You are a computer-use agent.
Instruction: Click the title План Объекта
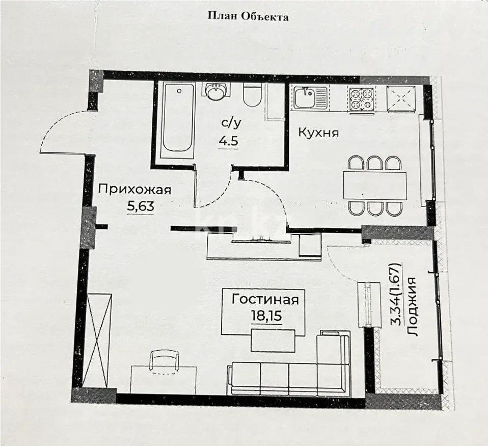(x=248, y=16)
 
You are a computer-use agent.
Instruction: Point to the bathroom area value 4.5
(x=227, y=141)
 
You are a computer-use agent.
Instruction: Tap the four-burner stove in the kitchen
(x=362, y=98)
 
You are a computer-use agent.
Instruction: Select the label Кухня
(x=318, y=133)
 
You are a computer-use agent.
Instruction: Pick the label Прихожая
(x=134, y=190)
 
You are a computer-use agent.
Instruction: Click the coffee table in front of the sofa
(x=273, y=340)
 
